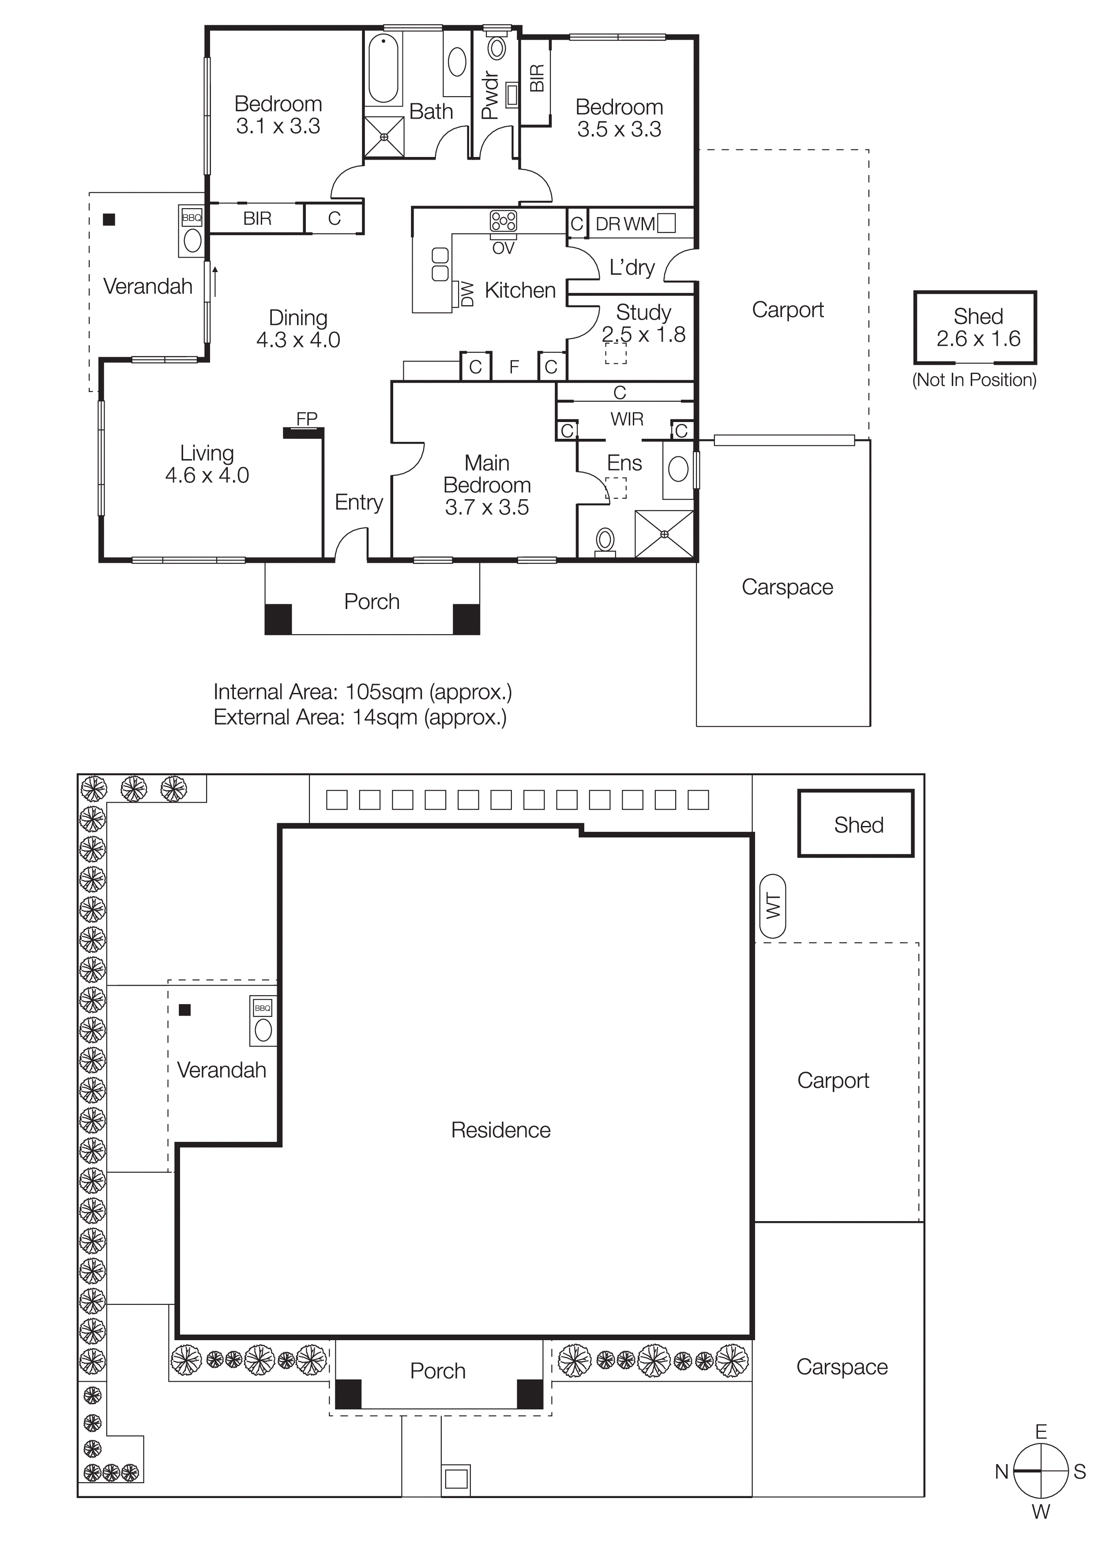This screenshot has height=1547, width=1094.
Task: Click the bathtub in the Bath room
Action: [x=383, y=69]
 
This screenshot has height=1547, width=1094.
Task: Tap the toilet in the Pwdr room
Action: [x=497, y=48]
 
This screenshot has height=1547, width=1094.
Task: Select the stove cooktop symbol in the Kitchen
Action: [x=503, y=221]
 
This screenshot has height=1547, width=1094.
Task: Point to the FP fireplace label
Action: [x=307, y=419]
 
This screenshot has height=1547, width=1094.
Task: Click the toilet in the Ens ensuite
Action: [x=605, y=540]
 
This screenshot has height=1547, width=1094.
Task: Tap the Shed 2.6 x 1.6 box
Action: [x=975, y=328]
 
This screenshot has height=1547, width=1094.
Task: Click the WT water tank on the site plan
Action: [x=772, y=906]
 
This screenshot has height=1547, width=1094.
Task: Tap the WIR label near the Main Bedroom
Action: [x=626, y=419]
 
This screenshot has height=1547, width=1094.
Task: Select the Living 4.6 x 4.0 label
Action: [x=207, y=464]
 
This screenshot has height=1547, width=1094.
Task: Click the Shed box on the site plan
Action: [x=856, y=823]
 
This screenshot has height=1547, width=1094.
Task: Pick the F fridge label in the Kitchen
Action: [x=514, y=367]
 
